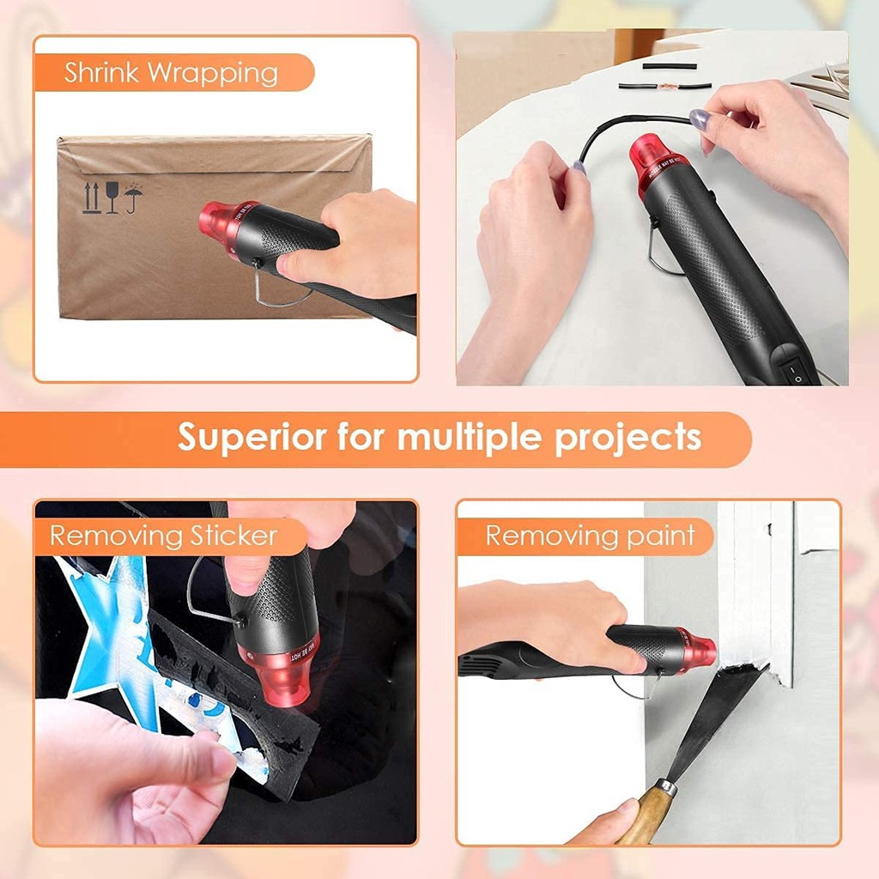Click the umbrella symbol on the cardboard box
point(133,197)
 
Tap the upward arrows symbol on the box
point(91,197)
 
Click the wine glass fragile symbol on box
point(112,197)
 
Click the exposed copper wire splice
point(666,85)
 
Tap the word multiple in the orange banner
point(470,438)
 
